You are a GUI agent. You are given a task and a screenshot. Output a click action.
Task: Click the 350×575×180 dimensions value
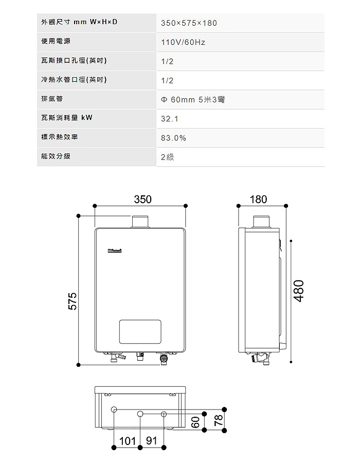(189, 23)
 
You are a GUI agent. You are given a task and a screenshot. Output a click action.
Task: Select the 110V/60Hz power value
(183, 42)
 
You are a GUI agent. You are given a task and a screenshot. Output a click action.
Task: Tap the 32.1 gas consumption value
(170, 119)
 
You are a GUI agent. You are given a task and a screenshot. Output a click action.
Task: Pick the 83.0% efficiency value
(173, 138)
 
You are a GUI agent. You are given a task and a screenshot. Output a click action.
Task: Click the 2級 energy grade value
(167, 157)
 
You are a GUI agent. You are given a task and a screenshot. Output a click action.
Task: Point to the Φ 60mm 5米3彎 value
(193, 99)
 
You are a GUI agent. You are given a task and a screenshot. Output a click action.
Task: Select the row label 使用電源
(56, 41)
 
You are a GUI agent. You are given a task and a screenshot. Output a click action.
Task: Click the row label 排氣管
(52, 99)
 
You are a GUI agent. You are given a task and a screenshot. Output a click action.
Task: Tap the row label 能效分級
(56, 156)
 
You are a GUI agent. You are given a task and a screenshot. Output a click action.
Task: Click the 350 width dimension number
(143, 199)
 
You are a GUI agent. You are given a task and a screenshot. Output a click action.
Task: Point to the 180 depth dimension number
(259, 199)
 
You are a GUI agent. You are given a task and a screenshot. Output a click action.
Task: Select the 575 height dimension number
(73, 301)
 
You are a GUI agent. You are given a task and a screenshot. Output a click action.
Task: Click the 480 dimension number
(299, 291)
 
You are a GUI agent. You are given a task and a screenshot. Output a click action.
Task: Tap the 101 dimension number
(128, 441)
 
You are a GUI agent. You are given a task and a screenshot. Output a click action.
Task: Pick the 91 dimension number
(151, 440)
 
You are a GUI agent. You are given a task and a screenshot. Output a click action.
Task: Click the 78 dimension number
(219, 420)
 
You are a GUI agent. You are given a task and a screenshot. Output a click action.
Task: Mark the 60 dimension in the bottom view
(195, 422)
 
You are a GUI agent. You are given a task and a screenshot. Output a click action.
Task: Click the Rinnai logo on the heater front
(115, 251)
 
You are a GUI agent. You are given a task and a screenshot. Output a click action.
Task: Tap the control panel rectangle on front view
(140, 332)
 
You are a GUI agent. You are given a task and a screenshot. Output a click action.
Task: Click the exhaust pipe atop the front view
(140, 222)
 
